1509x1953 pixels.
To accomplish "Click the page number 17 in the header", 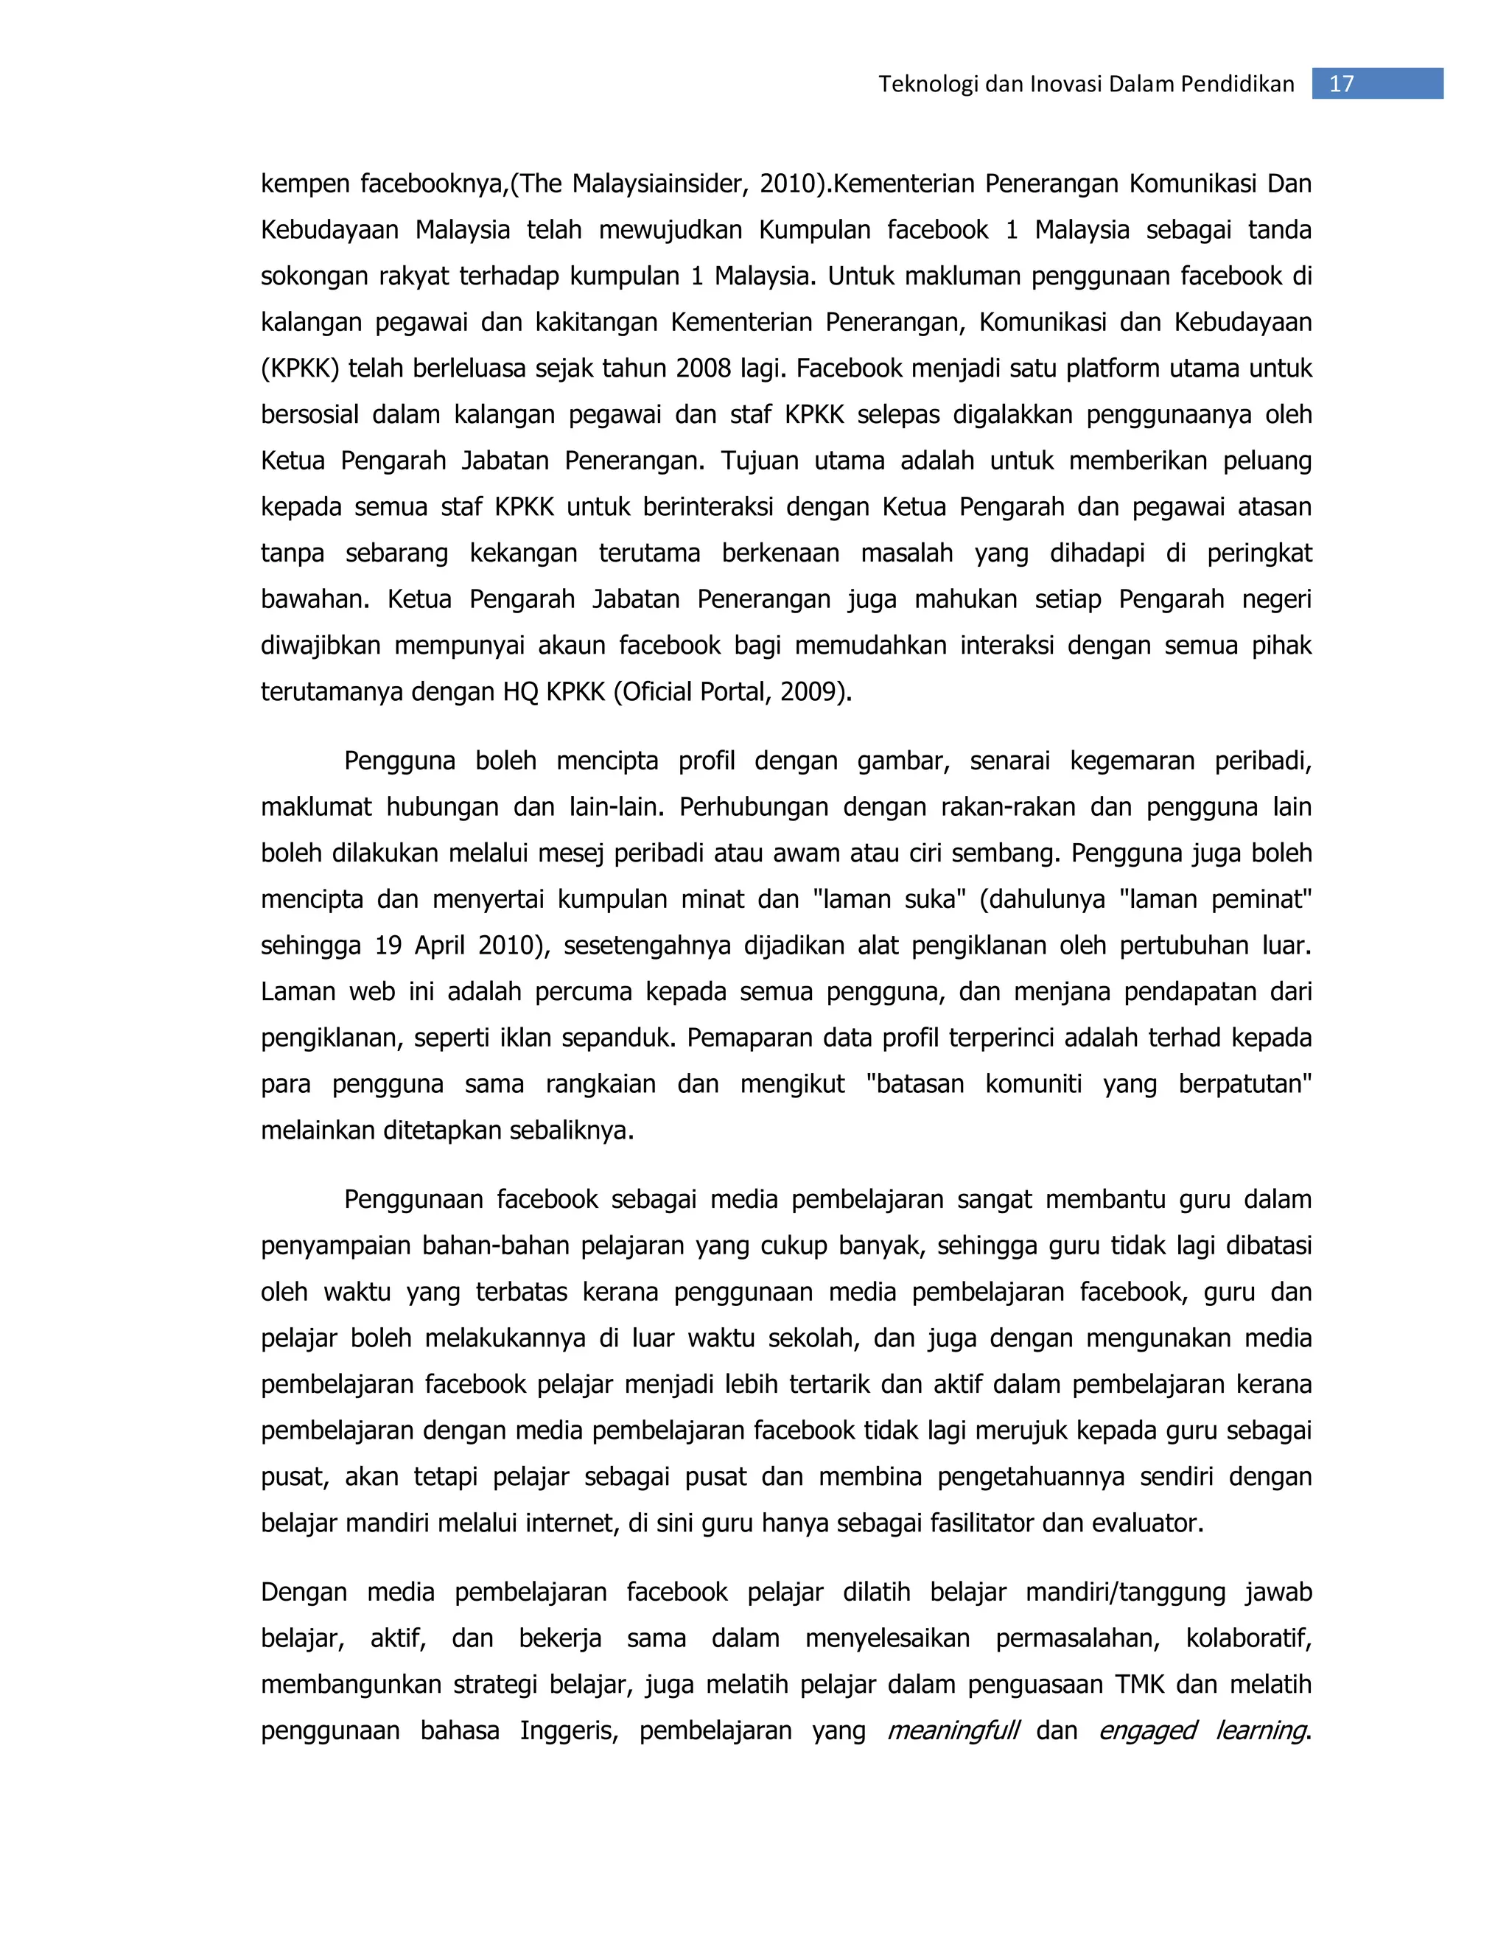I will (x=1341, y=84).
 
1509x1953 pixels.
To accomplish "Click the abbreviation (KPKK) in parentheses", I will (x=301, y=368).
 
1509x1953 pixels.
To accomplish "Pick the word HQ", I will (x=520, y=692).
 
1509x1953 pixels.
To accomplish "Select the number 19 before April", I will (x=388, y=946).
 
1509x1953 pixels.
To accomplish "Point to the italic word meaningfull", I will (x=952, y=1731).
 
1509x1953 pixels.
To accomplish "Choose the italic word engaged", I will (x=1147, y=1731).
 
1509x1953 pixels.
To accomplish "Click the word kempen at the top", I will (x=304, y=184).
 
